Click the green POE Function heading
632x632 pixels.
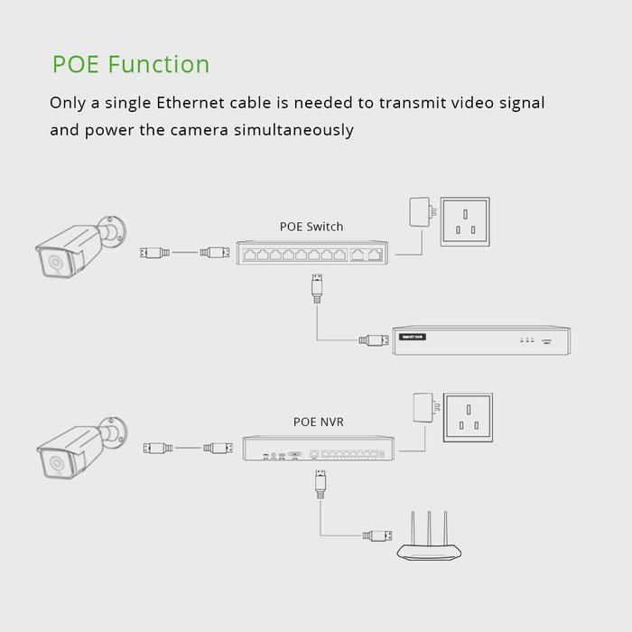(131, 65)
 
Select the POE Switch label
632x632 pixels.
(311, 227)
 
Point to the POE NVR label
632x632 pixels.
(318, 422)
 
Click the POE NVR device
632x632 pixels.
(319, 449)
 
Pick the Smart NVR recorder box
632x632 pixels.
(482, 339)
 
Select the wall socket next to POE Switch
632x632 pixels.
(465, 222)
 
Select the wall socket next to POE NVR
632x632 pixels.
(468, 418)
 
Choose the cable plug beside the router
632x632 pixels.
(378, 535)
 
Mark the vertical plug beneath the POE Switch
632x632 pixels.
(315, 288)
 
